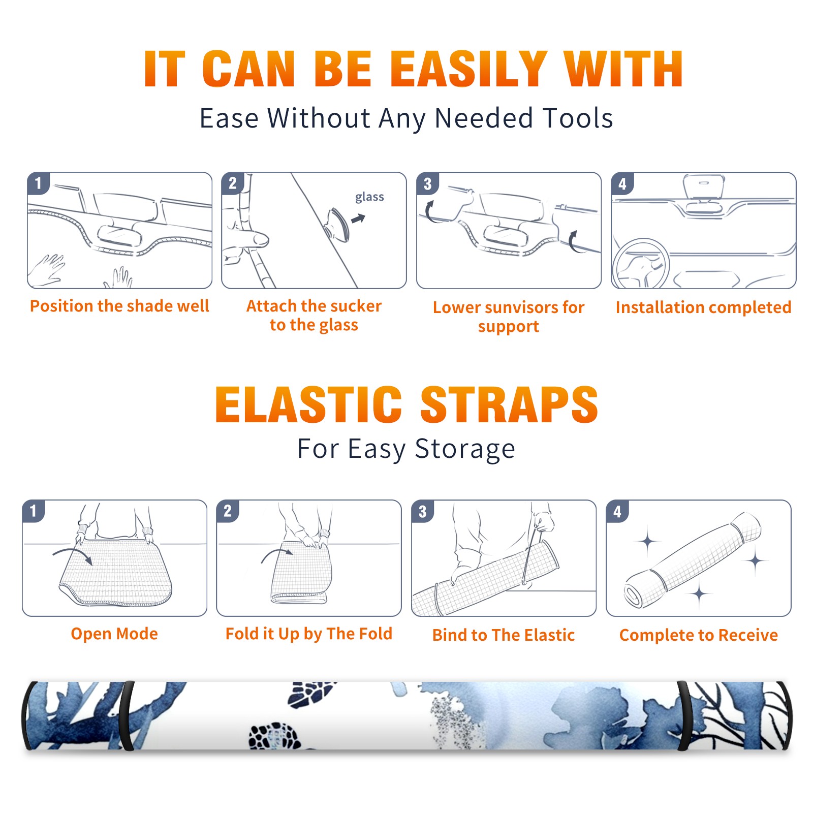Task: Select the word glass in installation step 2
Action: point(369,197)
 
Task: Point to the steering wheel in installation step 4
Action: point(641,264)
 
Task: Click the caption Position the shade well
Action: point(119,306)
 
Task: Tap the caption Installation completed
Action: point(703,307)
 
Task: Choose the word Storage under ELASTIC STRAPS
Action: point(465,449)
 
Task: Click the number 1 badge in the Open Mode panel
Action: point(34,511)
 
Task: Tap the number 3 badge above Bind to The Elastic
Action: point(422,511)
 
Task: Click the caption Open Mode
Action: point(114,634)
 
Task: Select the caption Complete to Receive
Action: point(699,635)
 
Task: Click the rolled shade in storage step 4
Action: point(693,560)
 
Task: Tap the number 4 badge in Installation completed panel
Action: point(622,183)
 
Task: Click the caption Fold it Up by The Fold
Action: point(309,634)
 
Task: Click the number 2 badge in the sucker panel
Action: point(233,183)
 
